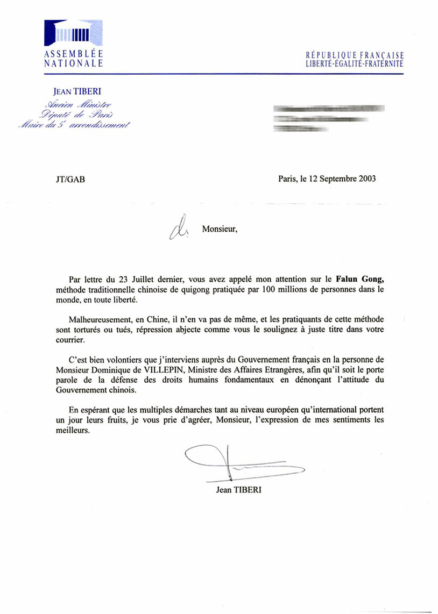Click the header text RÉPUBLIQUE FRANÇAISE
(x=354, y=55)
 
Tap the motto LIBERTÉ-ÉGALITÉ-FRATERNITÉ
(x=354, y=64)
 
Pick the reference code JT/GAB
(x=67, y=179)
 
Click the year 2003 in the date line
(x=365, y=179)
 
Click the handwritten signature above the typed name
(x=237, y=463)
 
